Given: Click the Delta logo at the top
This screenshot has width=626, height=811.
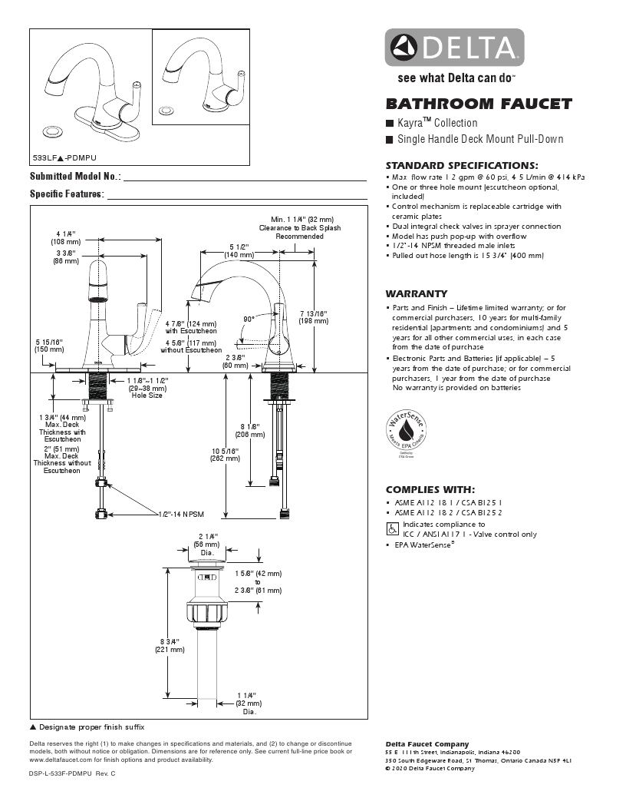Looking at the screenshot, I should (x=454, y=48).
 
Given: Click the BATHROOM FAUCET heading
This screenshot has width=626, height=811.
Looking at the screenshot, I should (x=479, y=104).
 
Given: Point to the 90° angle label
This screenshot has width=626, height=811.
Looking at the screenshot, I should (x=249, y=319).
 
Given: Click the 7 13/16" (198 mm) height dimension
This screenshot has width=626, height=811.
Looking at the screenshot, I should (x=313, y=316).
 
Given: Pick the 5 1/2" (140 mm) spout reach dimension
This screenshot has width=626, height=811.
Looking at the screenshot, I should (x=239, y=250).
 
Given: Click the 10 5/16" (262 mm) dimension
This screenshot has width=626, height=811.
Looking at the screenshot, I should (x=225, y=454).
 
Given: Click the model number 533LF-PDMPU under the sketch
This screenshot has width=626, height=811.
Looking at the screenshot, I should (x=62, y=157).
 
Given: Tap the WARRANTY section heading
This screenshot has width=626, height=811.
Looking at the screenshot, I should (x=416, y=294).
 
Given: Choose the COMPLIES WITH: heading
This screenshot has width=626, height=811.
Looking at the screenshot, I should (x=430, y=489).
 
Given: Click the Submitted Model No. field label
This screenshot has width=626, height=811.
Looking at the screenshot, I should (x=74, y=177).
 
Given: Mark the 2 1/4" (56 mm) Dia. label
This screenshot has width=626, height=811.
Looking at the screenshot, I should (x=207, y=544).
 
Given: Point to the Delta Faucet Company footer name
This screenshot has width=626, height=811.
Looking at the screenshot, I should (x=427, y=744).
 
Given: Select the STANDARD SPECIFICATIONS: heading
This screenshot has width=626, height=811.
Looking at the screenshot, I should (x=461, y=165).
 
